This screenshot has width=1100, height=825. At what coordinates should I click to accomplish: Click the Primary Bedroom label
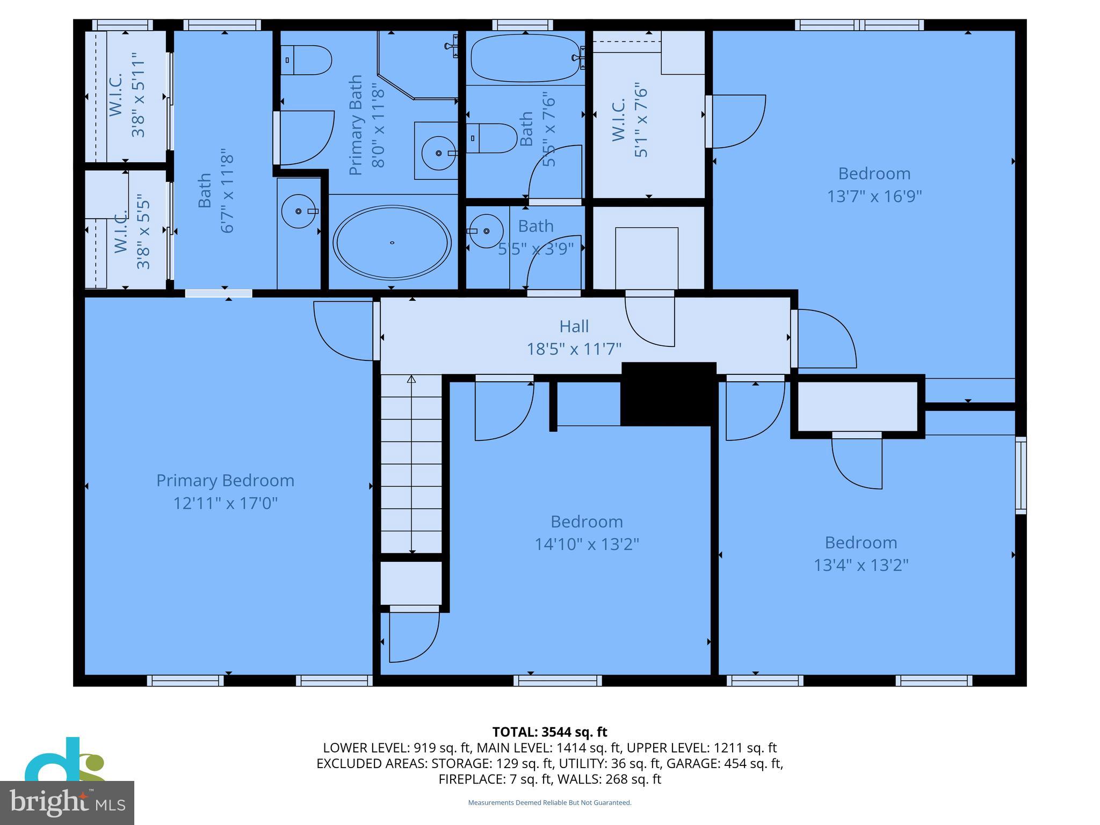coord(225,480)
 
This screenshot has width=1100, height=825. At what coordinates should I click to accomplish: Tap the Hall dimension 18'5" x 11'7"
coord(574,349)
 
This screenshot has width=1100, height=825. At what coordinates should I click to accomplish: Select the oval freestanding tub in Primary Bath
coord(392,243)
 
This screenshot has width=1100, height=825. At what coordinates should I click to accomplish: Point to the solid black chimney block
coord(668,394)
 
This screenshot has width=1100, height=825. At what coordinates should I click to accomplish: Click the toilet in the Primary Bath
coord(306,60)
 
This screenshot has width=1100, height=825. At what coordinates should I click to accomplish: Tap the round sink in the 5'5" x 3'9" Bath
coord(486,231)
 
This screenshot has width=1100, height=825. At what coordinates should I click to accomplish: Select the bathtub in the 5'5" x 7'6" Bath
coord(525,57)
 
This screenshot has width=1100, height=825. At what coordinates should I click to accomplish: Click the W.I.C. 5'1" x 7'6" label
coord(629,120)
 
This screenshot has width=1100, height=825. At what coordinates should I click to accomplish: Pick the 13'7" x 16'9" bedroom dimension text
coord(874,197)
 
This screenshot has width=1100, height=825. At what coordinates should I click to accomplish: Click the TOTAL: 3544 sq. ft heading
coord(549,732)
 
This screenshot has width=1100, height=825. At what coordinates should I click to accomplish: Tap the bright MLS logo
coord(67,802)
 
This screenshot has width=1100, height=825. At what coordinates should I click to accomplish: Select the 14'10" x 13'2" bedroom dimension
coord(587,545)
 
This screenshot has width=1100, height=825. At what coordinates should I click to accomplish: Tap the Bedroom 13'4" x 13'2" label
coord(860,542)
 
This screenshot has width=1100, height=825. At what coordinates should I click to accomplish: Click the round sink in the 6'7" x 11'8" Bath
coord(299,211)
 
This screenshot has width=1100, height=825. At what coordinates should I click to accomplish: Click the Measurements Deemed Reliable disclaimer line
coord(549,802)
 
